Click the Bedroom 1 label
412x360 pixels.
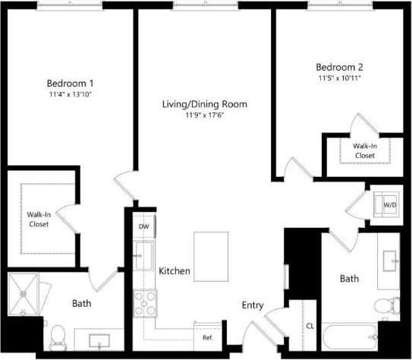tap(71, 83)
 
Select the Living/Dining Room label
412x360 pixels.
tap(205, 104)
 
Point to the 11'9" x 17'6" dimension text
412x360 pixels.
tap(205, 115)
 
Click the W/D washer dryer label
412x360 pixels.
tap(389, 205)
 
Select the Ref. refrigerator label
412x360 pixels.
tap(207, 337)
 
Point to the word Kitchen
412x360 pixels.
tap(175, 270)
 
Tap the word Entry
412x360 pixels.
tap(253, 305)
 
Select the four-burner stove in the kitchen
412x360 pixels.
tap(144, 304)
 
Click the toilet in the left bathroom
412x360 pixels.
tap(58, 333)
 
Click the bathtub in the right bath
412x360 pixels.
tap(349, 336)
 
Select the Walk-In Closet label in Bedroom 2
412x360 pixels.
tap(364, 150)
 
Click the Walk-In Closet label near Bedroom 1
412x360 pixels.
tap(39, 219)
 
